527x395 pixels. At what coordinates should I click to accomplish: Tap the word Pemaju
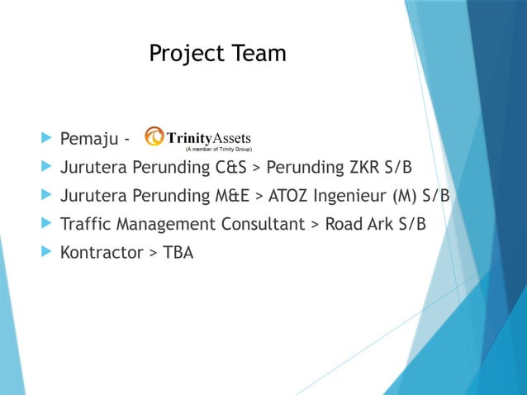click(88, 137)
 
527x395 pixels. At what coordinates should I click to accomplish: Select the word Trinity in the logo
click(190, 137)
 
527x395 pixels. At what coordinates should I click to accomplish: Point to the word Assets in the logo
click(233, 137)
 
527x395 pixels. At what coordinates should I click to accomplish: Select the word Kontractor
click(102, 253)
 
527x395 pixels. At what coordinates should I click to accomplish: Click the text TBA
click(178, 253)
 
